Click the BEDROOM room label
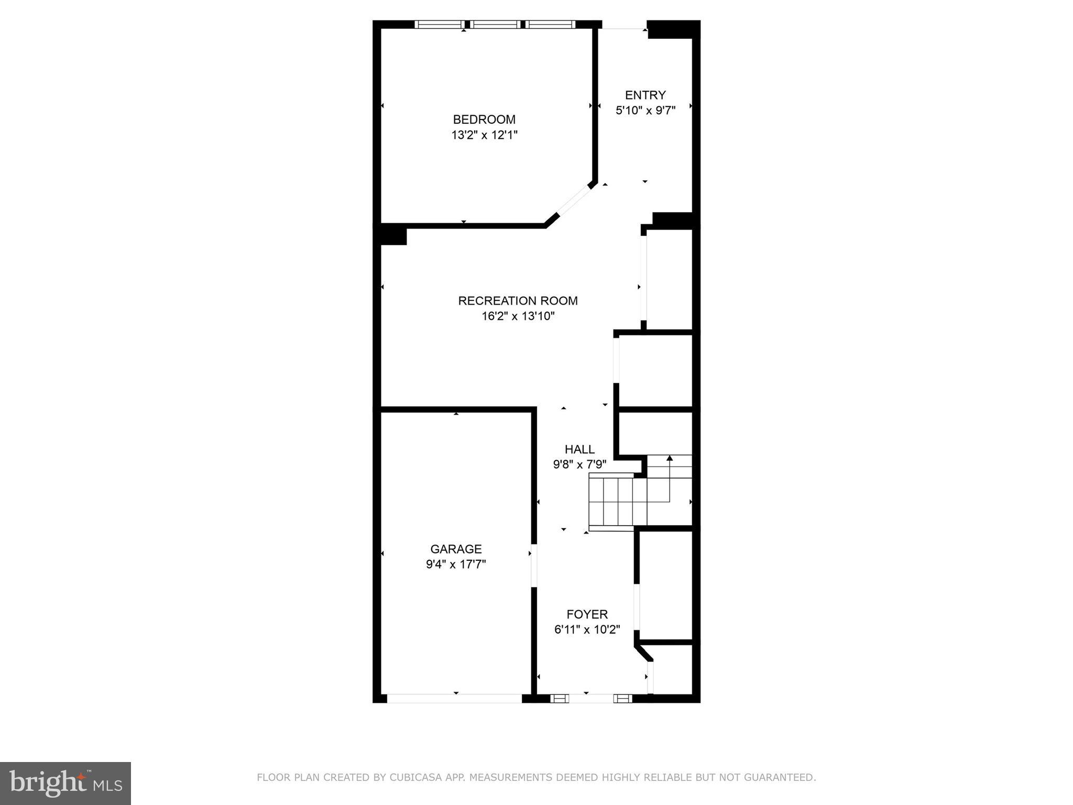tap(484, 119)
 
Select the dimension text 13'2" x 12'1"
tap(484, 135)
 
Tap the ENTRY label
tap(645, 95)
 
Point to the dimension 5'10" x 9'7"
tap(645, 111)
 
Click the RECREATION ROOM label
tap(518, 301)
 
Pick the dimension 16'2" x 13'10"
tap(518, 316)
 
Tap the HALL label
tap(579, 449)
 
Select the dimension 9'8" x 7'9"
tap(579, 464)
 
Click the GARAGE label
tap(456, 549)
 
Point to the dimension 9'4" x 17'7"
tap(456, 564)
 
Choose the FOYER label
tap(587, 614)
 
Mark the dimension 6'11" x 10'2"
tap(587, 629)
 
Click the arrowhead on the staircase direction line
tap(669, 458)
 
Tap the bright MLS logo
tap(65, 783)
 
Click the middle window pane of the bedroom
tap(495, 24)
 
